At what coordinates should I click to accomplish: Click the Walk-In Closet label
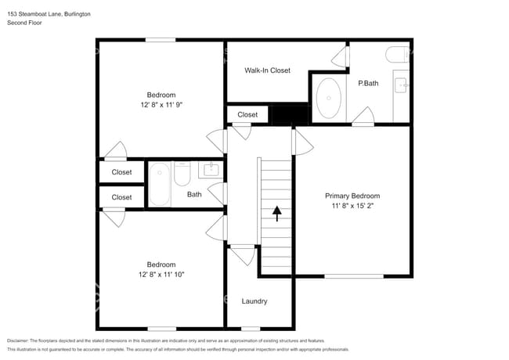tap(267, 70)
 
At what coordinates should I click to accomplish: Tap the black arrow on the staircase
tap(277, 214)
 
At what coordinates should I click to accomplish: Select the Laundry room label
tap(254, 301)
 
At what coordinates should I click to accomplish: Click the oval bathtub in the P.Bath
tap(329, 98)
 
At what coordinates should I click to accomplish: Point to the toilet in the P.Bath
tap(397, 55)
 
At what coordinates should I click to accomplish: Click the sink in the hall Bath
tap(211, 169)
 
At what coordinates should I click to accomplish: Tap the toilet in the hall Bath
tap(182, 174)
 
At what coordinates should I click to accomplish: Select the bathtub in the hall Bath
tap(160, 184)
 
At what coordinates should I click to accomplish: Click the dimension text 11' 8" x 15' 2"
tap(352, 206)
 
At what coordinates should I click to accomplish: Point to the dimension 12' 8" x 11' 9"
tap(161, 105)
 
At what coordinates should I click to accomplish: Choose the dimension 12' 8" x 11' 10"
tap(161, 275)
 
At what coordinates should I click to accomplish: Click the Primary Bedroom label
tap(352, 196)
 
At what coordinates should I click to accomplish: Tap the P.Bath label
tap(368, 84)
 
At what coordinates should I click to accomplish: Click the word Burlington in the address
tap(78, 14)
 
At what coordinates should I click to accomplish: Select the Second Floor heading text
tap(24, 23)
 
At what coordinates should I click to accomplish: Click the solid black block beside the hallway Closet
tap(288, 114)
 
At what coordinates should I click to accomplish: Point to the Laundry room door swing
tap(243, 256)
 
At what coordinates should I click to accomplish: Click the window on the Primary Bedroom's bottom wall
tap(354, 276)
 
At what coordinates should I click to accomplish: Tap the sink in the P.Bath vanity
tap(401, 85)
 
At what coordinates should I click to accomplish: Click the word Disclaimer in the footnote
tap(18, 340)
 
